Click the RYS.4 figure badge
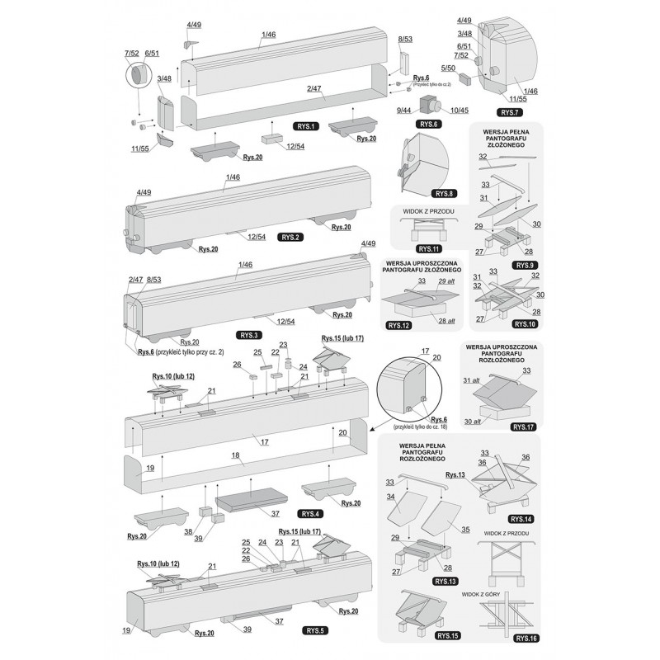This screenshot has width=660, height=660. pos(313,513)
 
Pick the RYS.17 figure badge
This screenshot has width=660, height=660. pos(523,427)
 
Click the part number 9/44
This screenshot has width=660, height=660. pos(404,111)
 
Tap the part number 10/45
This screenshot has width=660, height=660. pos(459,111)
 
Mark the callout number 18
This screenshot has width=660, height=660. pos(235,455)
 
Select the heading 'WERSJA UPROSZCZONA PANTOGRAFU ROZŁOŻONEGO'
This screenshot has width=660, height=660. pos(502,354)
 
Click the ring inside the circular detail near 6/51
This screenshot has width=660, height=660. pos(135,78)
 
